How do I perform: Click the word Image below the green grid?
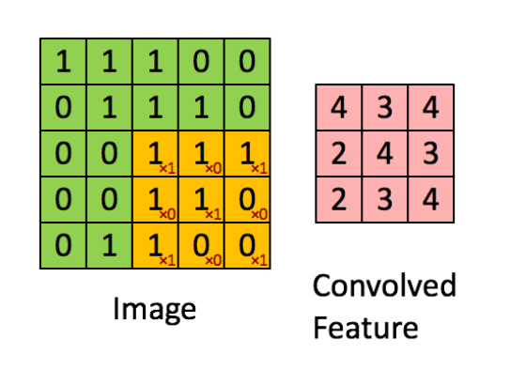(x=156, y=307)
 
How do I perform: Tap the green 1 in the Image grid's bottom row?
(x=109, y=246)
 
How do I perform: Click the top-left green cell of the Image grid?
(x=63, y=62)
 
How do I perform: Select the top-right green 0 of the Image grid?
(x=247, y=62)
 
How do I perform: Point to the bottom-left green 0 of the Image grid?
(x=63, y=246)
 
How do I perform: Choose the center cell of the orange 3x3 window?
(x=201, y=200)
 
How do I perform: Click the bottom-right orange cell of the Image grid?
(x=247, y=246)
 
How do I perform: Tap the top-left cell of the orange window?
(x=155, y=154)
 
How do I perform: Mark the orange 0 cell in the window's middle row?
(x=247, y=200)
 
